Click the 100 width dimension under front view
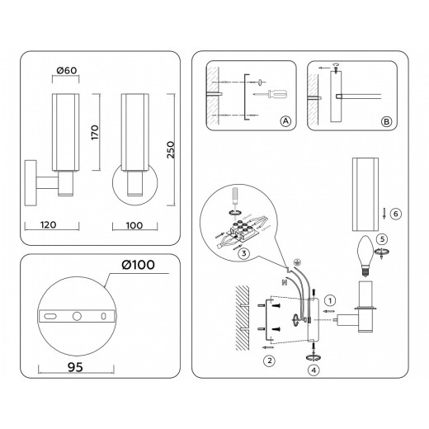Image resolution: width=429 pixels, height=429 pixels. tap(125, 224)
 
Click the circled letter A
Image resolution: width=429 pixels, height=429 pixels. tap(285, 122)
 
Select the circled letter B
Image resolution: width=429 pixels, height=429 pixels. tap(387, 122)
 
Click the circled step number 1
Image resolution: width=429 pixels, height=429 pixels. tap(330, 299)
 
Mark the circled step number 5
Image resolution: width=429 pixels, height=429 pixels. tap(381, 240)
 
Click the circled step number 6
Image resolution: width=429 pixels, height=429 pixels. tap(395, 214)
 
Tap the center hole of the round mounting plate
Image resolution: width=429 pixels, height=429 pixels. tap(77, 316)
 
